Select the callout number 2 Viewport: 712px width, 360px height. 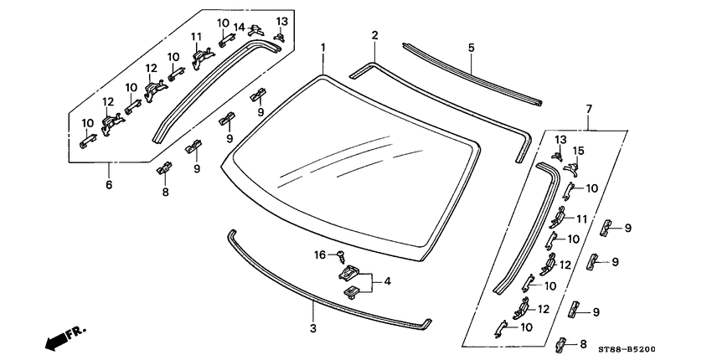point(374,35)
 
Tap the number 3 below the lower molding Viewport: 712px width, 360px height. point(312,327)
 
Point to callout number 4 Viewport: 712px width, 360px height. point(387,282)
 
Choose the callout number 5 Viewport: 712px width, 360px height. point(472,48)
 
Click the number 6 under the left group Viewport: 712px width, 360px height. point(108,184)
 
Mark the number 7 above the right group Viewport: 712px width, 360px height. point(589,110)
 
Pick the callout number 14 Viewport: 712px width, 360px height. point(239,28)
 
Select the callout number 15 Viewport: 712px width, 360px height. point(577,151)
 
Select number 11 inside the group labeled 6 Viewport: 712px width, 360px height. point(196,37)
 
